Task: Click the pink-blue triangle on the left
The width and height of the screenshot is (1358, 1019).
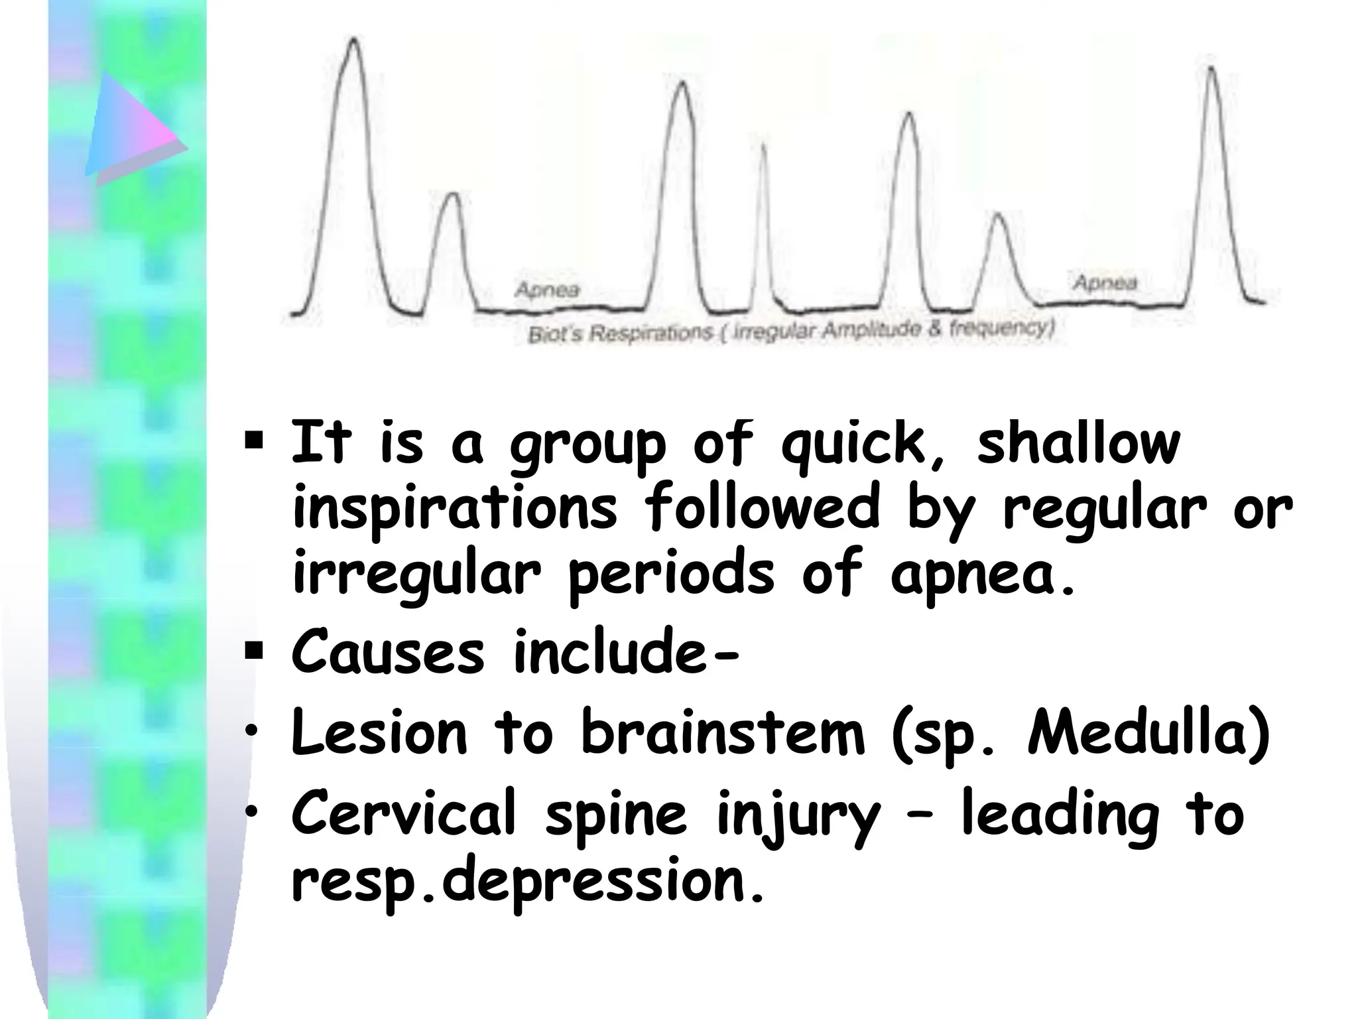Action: (x=133, y=129)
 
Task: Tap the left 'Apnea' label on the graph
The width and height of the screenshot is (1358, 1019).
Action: (x=547, y=290)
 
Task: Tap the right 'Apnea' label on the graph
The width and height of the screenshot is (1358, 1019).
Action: (x=1105, y=283)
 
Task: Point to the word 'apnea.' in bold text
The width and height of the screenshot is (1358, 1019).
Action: (x=981, y=575)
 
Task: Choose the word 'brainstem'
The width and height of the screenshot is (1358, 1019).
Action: (x=723, y=733)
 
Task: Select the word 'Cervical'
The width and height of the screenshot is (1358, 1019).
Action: (x=404, y=813)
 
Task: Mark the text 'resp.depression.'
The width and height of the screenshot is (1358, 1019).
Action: (x=528, y=882)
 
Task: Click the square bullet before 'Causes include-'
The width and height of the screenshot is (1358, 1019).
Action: (x=254, y=651)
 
